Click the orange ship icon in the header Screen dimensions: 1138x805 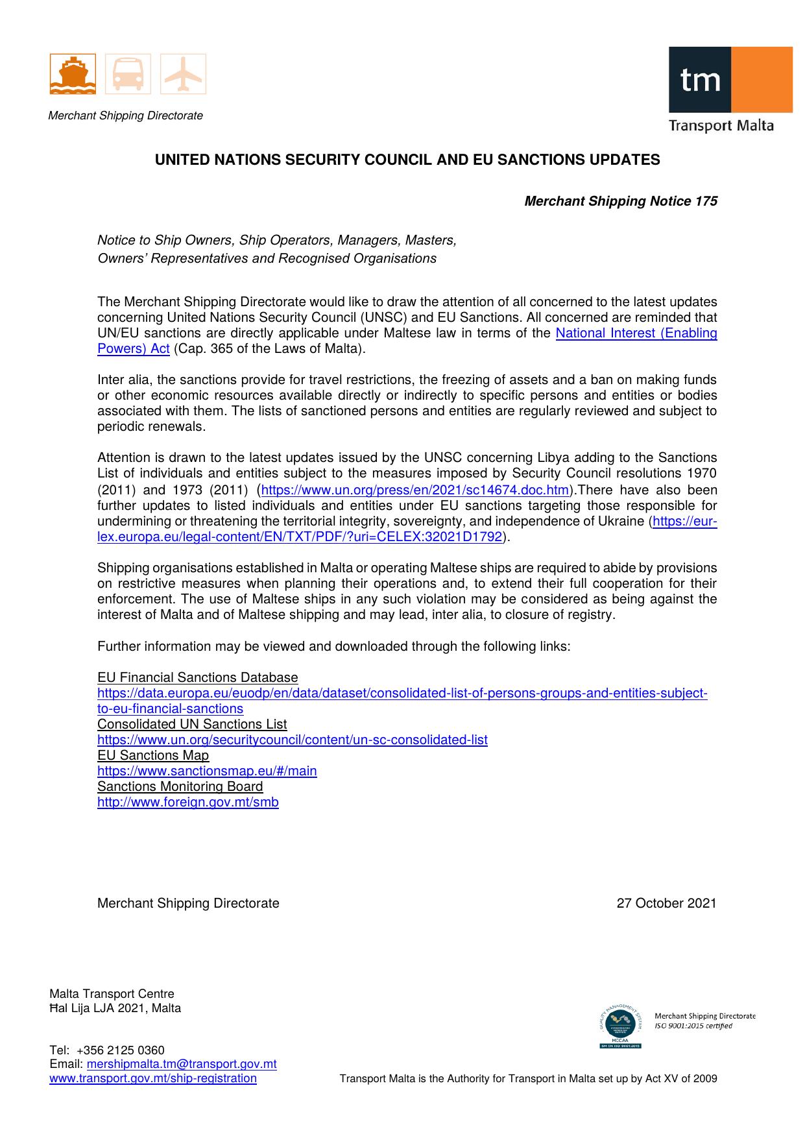[73, 74]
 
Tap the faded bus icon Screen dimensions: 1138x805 [128, 74]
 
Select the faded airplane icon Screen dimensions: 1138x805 [184, 74]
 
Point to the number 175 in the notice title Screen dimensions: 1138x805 [706, 202]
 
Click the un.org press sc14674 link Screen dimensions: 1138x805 [415, 490]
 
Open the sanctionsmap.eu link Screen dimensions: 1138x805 [207, 771]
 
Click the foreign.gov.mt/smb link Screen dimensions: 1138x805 [188, 803]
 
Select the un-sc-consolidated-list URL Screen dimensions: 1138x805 [292, 740]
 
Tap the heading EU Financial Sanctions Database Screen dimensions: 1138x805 [197, 678]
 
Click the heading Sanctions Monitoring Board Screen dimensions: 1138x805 [180, 787]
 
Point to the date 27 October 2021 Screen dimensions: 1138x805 [666, 904]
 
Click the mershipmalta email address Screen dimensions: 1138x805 [182, 1064]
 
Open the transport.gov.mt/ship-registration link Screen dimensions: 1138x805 [153, 1078]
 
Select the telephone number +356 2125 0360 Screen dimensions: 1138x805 [121, 1050]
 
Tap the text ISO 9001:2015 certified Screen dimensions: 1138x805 [693, 1026]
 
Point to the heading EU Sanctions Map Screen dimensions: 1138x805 [153, 756]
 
